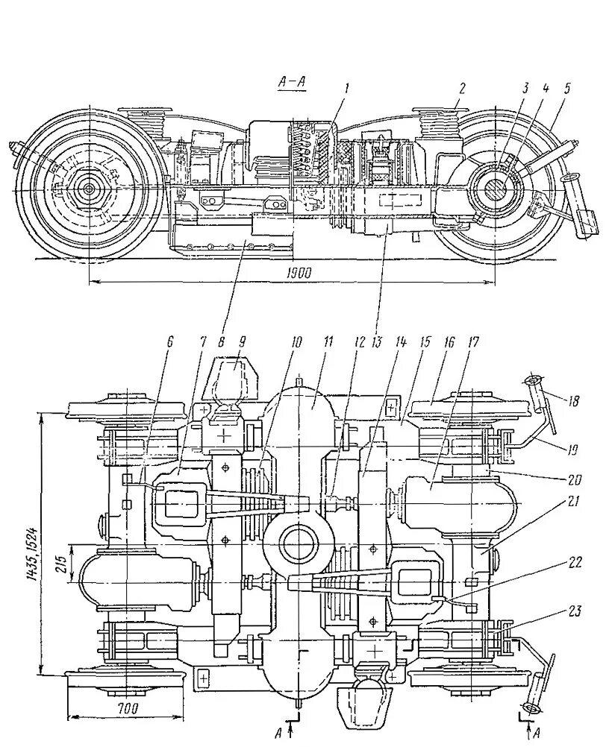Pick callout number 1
346,88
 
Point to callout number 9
241,344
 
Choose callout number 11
327,342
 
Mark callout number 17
473,342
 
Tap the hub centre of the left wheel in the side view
89,189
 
